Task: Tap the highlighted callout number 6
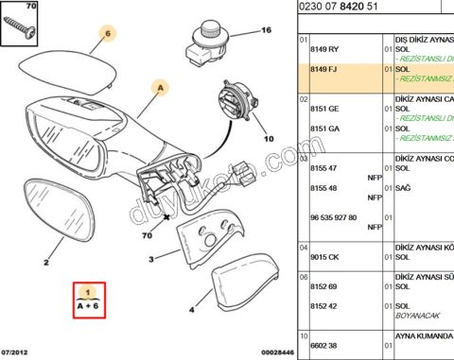[x=107, y=34]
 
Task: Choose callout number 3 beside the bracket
[x=150, y=258]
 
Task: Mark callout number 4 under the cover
[x=192, y=307]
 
